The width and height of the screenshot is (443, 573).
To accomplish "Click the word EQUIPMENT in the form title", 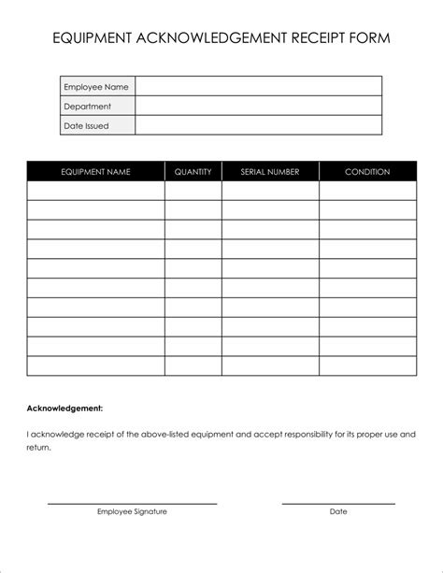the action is (93, 38).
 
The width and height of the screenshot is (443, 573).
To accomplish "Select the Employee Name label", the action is (96, 87).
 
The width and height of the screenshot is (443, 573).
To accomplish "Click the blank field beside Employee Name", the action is (259, 87).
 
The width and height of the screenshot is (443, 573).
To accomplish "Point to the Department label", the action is (88, 107).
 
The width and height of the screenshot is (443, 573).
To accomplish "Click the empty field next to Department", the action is (259, 107).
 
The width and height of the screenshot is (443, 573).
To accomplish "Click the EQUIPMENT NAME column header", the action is (95, 172).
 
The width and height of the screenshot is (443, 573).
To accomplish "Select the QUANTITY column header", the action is (193, 172).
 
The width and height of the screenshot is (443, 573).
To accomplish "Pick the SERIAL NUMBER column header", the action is (270, 172).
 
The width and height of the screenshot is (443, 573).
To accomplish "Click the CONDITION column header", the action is (367, 172).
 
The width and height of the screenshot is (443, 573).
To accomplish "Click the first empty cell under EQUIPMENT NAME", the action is (95, 191).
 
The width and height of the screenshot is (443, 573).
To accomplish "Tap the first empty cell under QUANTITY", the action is (193, 191).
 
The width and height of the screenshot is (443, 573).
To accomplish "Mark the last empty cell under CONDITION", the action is (367, 365).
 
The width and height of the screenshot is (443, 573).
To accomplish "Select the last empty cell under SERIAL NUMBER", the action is (270, 365).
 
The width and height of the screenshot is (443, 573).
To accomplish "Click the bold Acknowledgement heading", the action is (64, 408).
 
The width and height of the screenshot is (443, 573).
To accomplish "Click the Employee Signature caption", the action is (132, 511).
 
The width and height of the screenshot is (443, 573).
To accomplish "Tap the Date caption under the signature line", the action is (338, 511).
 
